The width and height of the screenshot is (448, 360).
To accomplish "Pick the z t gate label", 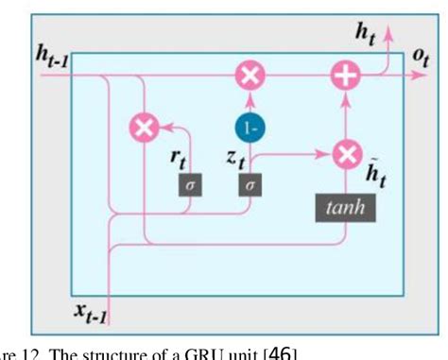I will coord(236,159).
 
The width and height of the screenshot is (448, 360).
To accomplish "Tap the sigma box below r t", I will coord(187,185).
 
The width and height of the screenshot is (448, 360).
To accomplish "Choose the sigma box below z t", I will coord(250,186).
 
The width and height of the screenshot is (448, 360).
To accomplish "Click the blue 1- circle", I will coord(250,127).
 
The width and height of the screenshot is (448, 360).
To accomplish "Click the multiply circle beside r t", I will coord(144,127).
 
